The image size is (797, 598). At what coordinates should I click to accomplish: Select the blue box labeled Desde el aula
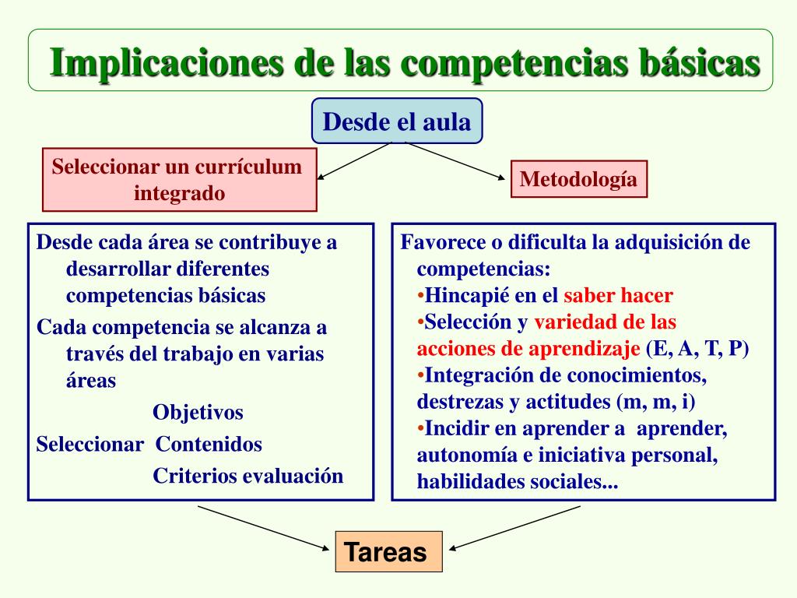(x=397, y=121)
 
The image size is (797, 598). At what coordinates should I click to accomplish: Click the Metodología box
(x=579, y=179)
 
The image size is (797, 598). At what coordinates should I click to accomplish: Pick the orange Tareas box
(x=389, y=552)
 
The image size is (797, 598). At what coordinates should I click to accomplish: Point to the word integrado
(x=180, y=194)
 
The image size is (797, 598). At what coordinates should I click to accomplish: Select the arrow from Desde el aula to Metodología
(x=455, y=160)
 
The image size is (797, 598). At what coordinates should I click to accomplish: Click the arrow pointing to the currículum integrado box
(x=354, y=161)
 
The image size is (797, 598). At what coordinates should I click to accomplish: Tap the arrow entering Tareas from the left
(x=264, y=529)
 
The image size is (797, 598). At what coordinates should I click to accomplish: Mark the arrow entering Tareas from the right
(x=514, y=528)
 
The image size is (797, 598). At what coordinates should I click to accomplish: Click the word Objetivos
(x=198, y=412)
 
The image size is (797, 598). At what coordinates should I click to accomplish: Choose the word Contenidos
(x=209, y=444)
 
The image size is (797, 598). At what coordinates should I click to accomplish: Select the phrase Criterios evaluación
(x=248, y=476)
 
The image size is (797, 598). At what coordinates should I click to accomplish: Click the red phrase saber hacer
(x=619, y=295)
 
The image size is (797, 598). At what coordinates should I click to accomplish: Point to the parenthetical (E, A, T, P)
(x=697, y=349)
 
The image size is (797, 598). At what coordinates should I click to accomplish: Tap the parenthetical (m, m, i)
(x=655, y=402)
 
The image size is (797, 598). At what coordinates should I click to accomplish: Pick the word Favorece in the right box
(x=443, y=243)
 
